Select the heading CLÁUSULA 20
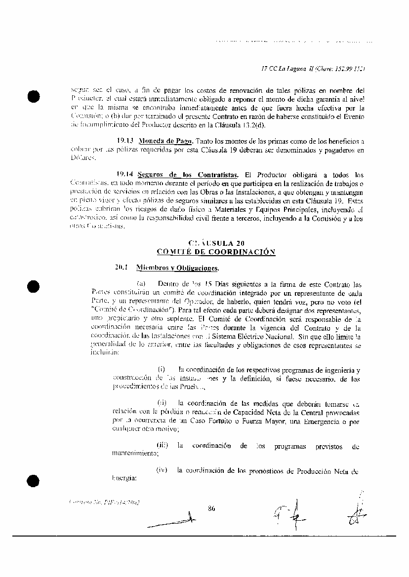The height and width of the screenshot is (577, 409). coord(216,243)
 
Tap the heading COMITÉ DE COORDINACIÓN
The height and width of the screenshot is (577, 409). coord(215,251)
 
